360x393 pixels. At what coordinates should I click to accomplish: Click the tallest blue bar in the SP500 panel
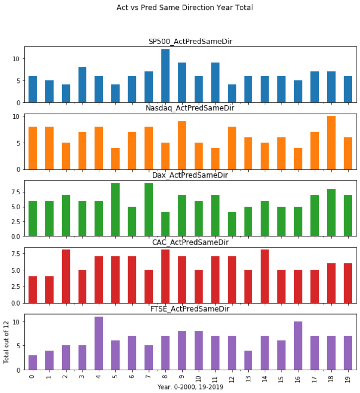[165, 76]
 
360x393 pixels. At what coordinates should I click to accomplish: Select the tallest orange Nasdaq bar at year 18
[331, 143]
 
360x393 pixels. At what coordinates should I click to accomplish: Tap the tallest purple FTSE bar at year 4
[99, 343]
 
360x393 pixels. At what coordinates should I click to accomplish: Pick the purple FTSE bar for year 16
[298, 346]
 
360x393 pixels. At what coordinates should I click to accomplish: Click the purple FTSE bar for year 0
[33, 363]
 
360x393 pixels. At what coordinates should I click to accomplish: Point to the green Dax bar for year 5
[116, 210]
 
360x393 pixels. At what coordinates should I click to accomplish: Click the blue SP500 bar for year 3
[82, 85]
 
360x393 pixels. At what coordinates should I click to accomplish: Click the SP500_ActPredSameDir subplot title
[191, 41]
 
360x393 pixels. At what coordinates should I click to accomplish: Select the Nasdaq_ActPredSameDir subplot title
[191, 108]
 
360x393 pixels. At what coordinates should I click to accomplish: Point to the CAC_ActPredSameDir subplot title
[191, 242]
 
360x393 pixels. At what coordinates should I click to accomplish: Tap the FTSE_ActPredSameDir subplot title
[191, 309]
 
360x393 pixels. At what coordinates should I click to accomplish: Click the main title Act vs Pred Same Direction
[191, 7]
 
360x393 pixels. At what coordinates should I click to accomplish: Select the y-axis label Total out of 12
[6, 343]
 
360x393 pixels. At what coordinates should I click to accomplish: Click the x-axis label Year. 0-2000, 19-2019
[191, 387]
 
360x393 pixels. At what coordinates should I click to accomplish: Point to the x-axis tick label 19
[348, 376]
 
